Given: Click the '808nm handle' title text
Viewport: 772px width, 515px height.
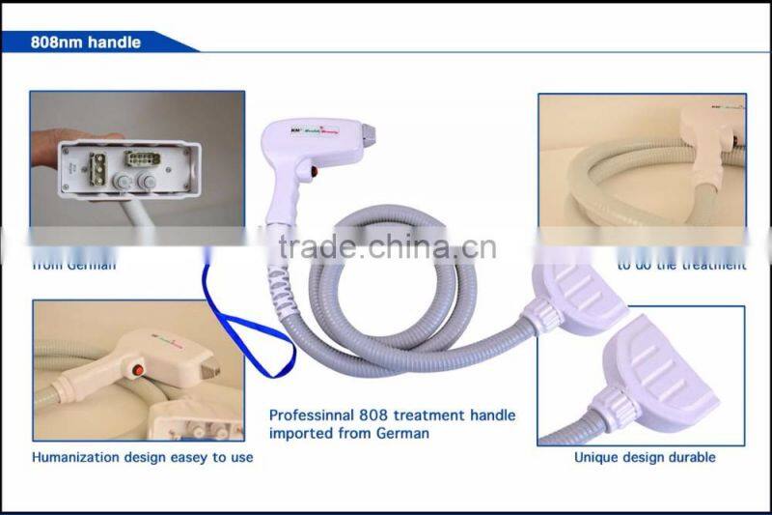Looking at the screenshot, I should [86, 43].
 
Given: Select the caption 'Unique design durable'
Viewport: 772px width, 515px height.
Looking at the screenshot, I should [645, 457].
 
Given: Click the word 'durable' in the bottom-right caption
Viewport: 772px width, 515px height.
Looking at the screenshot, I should [694, 457].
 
